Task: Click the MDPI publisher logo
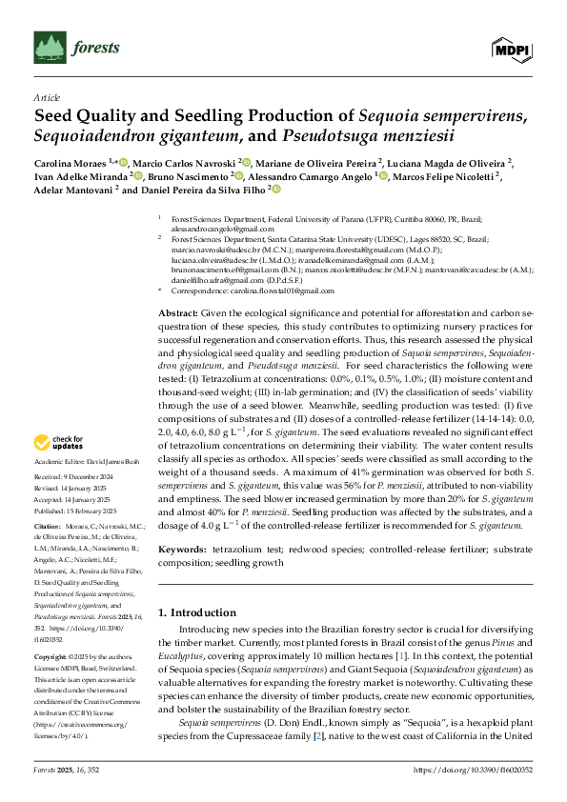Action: pyautogui.click(x=511, y=48)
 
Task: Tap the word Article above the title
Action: pyautogui.click(x=46, y=97)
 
